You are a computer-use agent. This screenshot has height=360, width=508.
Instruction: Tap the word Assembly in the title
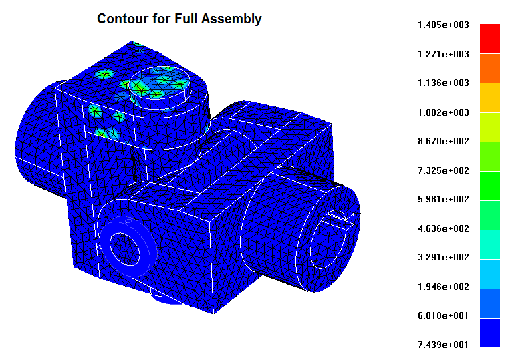(231, 19)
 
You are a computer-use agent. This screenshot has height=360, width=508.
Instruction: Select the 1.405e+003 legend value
(443, 25)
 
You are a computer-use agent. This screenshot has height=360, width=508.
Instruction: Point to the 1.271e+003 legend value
(443, 54)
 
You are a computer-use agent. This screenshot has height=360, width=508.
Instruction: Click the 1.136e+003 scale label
(443, 83)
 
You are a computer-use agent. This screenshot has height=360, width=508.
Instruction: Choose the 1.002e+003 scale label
(443, 112)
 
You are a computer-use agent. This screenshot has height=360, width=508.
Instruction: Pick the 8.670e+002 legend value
(443, 141)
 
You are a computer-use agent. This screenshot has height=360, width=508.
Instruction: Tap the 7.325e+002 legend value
(443, 170)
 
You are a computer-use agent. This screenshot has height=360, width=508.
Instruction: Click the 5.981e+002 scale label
(443, 199)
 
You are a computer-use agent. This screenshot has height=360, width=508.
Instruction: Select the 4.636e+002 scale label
(443, 228)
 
